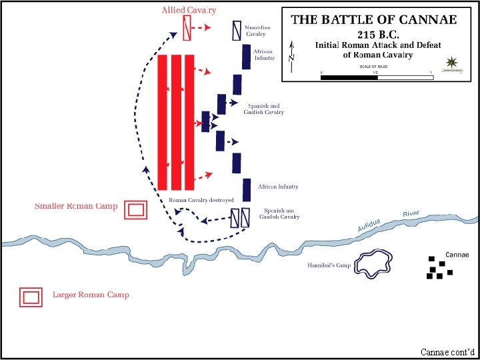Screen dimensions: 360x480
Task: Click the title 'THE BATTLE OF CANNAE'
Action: pyautogui.click(x=374, y=19)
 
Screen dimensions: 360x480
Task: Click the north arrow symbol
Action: pyautogui.click(x=291, y=51)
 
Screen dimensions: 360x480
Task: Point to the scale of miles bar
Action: pyautogui.click(x=377, y=77)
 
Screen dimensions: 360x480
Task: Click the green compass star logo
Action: pyautogui.click(x=453, y=62)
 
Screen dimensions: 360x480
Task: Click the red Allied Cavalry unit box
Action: pyautogui.click(x=187, y=27)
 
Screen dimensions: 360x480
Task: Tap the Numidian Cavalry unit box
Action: pyautogui.click(x=236, y=30)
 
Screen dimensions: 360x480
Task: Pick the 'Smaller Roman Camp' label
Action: pyautogui.click(x=76, y=206)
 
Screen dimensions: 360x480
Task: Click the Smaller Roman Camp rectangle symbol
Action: pyautogui.click(x=137, y=209)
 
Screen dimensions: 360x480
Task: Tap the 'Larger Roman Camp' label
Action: pyautogui.click(x=91, y=294)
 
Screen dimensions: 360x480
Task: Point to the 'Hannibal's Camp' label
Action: pyautogui.click(x=329, y=265)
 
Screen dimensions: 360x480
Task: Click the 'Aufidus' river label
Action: pyautogui.click(x=369, y=225)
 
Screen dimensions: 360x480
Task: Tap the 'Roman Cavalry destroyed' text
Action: pyautogui.click(x=201, y=200)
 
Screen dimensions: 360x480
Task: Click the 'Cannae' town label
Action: pyautogui.click(x=457, y=255)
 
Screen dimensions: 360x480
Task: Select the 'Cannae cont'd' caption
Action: pyautogui.click(x=447, y=351)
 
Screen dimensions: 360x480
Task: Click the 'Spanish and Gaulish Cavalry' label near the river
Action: pyautogui.click(x=279, y=213)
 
